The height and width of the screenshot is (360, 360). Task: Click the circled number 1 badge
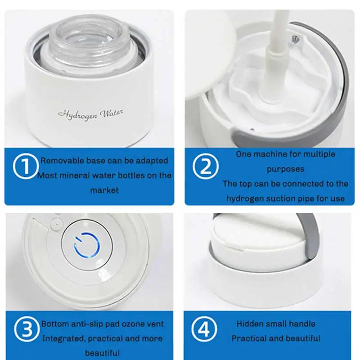pyautogui.click(x=25, y=166)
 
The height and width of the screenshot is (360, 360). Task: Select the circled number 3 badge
pyautogui.click(x=25, y=330)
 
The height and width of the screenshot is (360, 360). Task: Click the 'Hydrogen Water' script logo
pyautogui.click(x=90, y=114)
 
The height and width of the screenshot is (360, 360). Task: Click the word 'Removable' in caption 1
pyautogui.click(x=58, y=161)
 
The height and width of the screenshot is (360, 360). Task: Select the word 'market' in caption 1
pyautogui.click(x=104, y=190)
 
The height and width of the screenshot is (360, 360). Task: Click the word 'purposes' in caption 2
pyautogui.click(x=285, y=169)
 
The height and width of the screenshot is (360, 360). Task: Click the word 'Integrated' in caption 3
pyautogui.click(x=63, y=338)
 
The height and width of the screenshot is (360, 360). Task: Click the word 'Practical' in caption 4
pyautogui.click(x=249, y=338)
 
